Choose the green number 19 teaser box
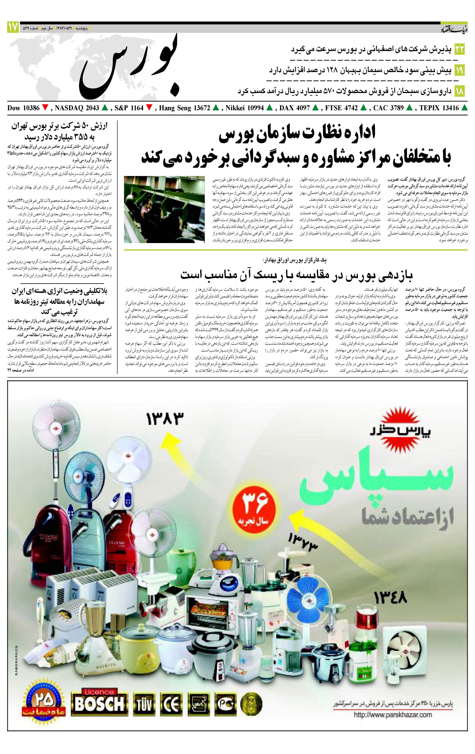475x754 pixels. pyautogui.click(x=460, y=70)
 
